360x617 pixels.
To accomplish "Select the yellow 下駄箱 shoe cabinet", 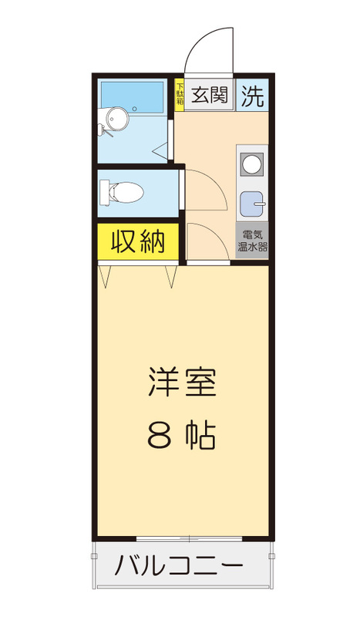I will tap(180, 95).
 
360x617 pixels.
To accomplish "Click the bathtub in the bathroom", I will tap(132, 97).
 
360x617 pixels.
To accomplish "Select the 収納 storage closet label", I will tap(138, 241).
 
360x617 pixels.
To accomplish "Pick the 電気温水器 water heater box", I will tap(251, 242).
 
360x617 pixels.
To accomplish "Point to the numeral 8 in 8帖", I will tap(159, 437).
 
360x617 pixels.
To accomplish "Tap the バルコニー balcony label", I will tap(180, 568).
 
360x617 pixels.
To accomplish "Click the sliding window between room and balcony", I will tap(183, 538).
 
